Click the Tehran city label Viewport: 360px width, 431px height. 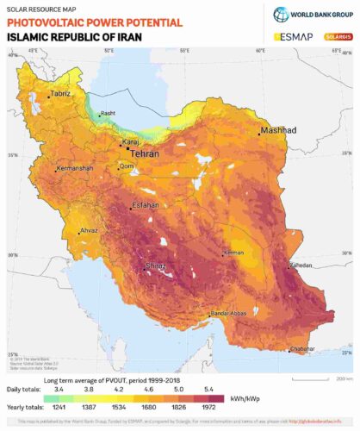coord(147,154)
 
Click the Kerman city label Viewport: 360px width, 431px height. coord(233,253)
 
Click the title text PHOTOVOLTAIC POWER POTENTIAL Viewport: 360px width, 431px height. coord(94,22)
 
